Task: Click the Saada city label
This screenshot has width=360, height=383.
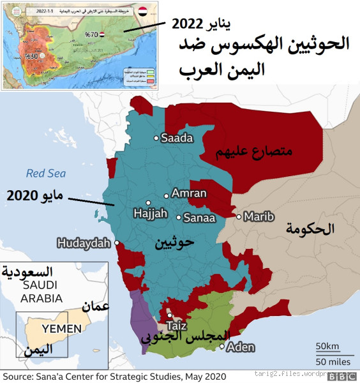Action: tap(177, 138)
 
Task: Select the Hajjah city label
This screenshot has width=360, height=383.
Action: tap(149, 213)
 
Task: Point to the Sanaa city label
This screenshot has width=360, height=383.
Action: tap(199, 218)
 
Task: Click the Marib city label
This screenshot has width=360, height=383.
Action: tap(259, 217)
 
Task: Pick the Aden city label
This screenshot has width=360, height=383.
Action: tap(241, 347)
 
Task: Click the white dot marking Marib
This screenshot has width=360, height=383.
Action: tap(239, 217)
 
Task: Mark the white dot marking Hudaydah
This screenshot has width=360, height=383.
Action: tap(117, 243)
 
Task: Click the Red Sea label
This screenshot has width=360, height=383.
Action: tap(46, 173)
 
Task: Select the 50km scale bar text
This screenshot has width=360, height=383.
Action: tap(327, 346)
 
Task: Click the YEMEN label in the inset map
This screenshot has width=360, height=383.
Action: tap(62, 329)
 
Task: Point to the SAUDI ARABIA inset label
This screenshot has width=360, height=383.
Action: tap(41, 292)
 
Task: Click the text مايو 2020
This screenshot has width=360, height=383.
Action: tap(33, 195)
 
